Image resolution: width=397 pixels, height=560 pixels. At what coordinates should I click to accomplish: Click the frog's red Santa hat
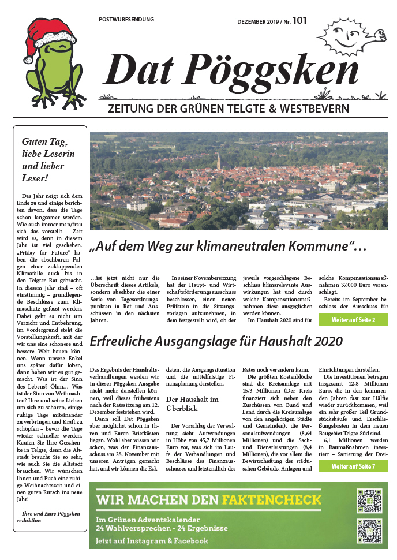point(49,31)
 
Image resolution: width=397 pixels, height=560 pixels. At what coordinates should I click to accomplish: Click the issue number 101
point(299,20)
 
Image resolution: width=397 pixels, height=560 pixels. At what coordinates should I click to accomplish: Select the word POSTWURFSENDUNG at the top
point(126,20)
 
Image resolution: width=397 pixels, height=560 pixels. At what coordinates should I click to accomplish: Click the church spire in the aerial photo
point(219,158)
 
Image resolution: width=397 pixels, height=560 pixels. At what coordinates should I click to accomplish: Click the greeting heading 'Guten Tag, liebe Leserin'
point(48,148)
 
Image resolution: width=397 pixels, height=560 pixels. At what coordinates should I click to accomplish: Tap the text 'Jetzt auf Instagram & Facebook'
point(152,541)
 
